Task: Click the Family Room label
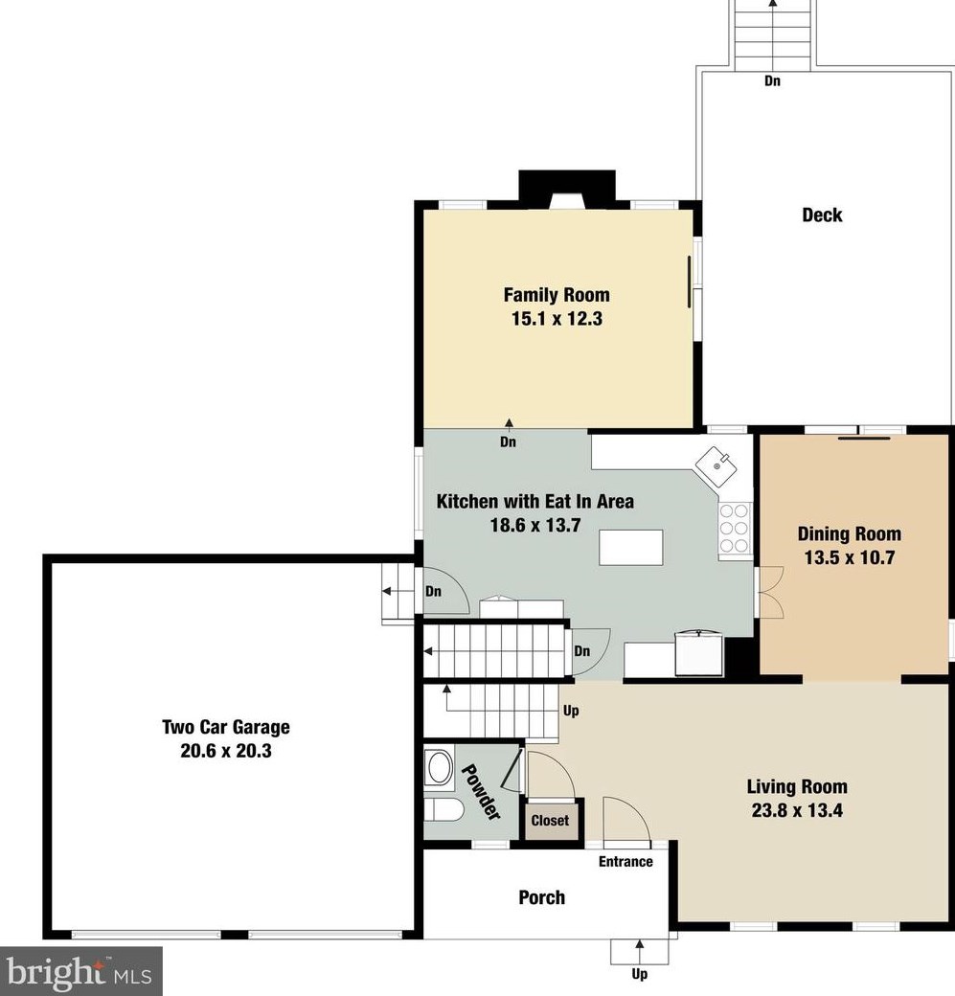point(557,295)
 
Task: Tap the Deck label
point(822,215)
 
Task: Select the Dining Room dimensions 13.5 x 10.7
point(850,557)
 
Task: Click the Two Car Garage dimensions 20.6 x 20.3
point(226,751)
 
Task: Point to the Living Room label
point(797,787)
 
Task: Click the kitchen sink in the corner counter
point(717,466)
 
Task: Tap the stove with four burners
point(735,529)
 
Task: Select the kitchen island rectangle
point(631,549)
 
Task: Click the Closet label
point(550,821)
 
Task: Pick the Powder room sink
point(440,768)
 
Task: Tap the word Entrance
point(625,862)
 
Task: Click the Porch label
point(541,897)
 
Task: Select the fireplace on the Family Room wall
point(566,189)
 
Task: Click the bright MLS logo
point(81,971)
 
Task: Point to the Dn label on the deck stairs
point(772,81)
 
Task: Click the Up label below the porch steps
point(639,975)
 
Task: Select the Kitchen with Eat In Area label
point(534,501)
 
